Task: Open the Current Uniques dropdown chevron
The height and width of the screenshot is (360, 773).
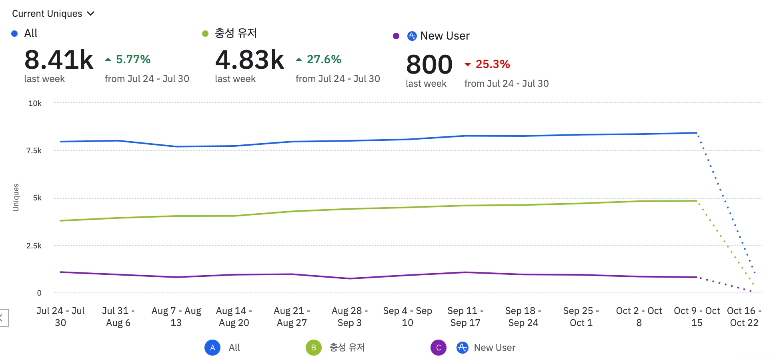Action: pos(91,14)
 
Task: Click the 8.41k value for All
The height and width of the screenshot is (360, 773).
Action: pos(59,60)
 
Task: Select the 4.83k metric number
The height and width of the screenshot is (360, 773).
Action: pos(249,60)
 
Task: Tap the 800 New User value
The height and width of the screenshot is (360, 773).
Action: pos(429,64)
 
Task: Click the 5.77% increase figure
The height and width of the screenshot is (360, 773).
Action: pos(133,60)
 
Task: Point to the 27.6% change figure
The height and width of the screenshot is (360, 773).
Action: pos(324,60)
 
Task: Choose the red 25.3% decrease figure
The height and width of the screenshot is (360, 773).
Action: pos(492,64)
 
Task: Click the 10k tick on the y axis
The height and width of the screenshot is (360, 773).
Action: pos(35,104)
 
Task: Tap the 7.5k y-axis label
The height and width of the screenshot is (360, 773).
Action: pos(34,151)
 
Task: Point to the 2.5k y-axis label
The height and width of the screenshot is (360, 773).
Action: pos(34,246)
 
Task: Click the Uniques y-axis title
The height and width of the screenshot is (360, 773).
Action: pos(16,197)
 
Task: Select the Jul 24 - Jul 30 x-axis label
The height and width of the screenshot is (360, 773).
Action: pos(60,316)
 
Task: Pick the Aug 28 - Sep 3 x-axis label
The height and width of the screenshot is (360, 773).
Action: pos(349,316)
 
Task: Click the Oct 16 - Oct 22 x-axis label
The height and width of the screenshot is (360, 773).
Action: pos(744,316)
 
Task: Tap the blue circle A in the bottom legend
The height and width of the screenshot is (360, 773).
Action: pos(212,348)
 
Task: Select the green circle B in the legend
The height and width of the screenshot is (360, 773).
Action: pos(314,348)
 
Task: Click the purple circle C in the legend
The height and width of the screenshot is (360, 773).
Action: pos(439,348)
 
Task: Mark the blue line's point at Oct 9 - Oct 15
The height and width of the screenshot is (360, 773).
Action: pos(697,133)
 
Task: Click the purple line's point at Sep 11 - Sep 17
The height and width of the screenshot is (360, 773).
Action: pos(465,272)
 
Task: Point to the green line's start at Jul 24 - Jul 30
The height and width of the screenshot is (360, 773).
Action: pos(60,221)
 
